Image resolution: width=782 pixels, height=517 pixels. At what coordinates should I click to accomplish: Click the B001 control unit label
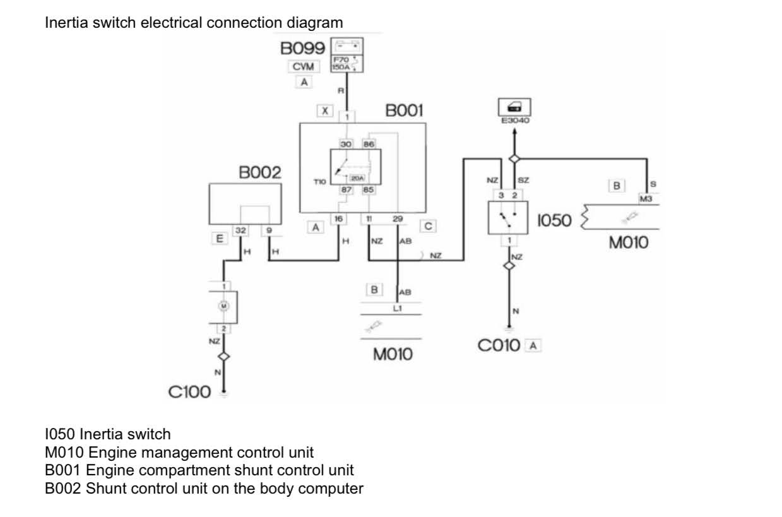[404, 111]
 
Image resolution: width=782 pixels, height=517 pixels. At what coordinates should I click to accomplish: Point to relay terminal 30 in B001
[346, 144]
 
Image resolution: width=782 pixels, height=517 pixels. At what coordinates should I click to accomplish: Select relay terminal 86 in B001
[369, 144]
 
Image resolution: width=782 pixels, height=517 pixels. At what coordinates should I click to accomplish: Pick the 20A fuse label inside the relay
[357, 179]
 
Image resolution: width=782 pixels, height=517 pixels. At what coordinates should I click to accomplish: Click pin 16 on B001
[338, 218]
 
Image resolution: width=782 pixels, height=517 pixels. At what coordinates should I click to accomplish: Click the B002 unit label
[259, 173]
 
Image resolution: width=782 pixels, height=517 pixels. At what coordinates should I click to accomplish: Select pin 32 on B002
[240, 231]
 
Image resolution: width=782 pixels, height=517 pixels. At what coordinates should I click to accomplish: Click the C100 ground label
[189, 392]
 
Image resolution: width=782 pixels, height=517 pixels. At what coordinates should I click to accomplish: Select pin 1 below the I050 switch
[509, 240]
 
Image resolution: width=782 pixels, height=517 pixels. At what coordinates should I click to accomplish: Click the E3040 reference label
[514, 121]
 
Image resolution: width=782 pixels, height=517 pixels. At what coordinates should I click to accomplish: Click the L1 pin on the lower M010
[398, 307]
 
